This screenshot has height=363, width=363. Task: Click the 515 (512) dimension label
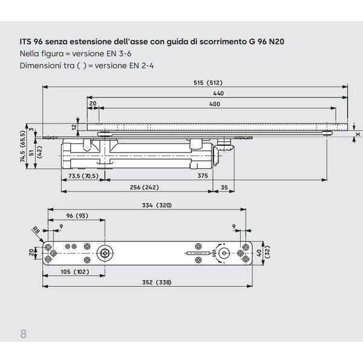click(208, 83)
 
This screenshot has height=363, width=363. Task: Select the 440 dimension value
click(218, 93)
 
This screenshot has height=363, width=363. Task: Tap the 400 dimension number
click(215, 104)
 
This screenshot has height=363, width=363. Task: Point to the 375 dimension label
click(203, 175)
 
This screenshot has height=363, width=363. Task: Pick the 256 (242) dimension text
click(144, 188)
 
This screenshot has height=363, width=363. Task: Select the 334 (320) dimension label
click(157, 205)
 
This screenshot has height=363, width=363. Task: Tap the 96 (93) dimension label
click(77, 216)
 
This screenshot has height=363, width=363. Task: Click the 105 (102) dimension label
click(75, 272)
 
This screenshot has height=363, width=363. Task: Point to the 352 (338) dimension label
click(157, 282)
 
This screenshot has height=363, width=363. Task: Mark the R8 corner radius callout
click(36, 230)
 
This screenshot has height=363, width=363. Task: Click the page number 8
click(24, 334)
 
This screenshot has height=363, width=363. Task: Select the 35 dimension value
click(224, 188)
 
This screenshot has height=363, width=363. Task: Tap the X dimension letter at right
click(358, 134)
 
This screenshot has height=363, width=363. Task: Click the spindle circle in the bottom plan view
click(105, 253)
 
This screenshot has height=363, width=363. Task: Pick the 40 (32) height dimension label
click(263, 253)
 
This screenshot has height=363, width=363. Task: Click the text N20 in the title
click(276, 42)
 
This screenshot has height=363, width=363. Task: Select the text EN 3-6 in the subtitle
click(119, 54)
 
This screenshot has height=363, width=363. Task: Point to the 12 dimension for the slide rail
click(74, 127)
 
